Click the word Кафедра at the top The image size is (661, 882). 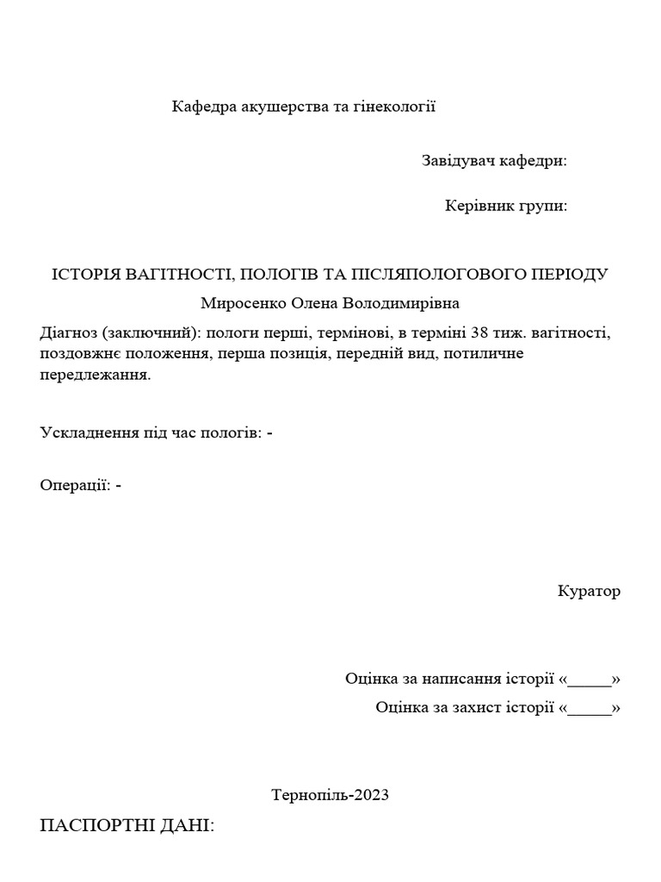point(202,107)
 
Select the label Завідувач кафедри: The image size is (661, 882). point(494,161)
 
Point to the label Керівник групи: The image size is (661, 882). point(505,206)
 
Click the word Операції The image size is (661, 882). point(74,485)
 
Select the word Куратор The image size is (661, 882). point(589,592)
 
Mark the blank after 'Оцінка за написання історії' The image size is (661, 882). point(590,679)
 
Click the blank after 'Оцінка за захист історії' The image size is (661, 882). point(590,708)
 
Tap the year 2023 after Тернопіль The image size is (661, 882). point(372,795)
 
